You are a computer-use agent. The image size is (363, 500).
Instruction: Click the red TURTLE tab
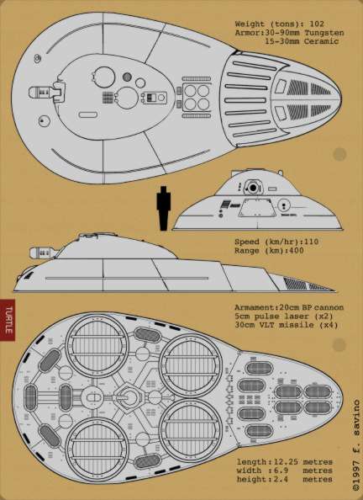coord(7,320)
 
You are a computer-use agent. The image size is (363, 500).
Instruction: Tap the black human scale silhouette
coord(164,208)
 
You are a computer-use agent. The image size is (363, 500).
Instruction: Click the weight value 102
coord(317,24)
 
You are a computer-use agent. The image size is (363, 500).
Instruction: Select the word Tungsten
coord(324,33)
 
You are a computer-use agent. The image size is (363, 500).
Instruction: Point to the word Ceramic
coord(321,41)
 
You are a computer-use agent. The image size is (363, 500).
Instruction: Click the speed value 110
coord(311,242)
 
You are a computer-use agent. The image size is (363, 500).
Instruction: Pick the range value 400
coord(296,250)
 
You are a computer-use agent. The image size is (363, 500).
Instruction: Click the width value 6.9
coord(280,471)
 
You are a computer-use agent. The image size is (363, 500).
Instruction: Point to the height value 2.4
coord(280,479)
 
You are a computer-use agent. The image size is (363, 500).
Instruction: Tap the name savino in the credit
coord(356,417)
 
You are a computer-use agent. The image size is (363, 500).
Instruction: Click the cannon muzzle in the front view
coord(253,188)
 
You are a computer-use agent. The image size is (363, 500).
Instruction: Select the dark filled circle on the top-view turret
coord(127,77)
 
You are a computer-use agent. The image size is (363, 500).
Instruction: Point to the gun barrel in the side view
coord(44,253)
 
